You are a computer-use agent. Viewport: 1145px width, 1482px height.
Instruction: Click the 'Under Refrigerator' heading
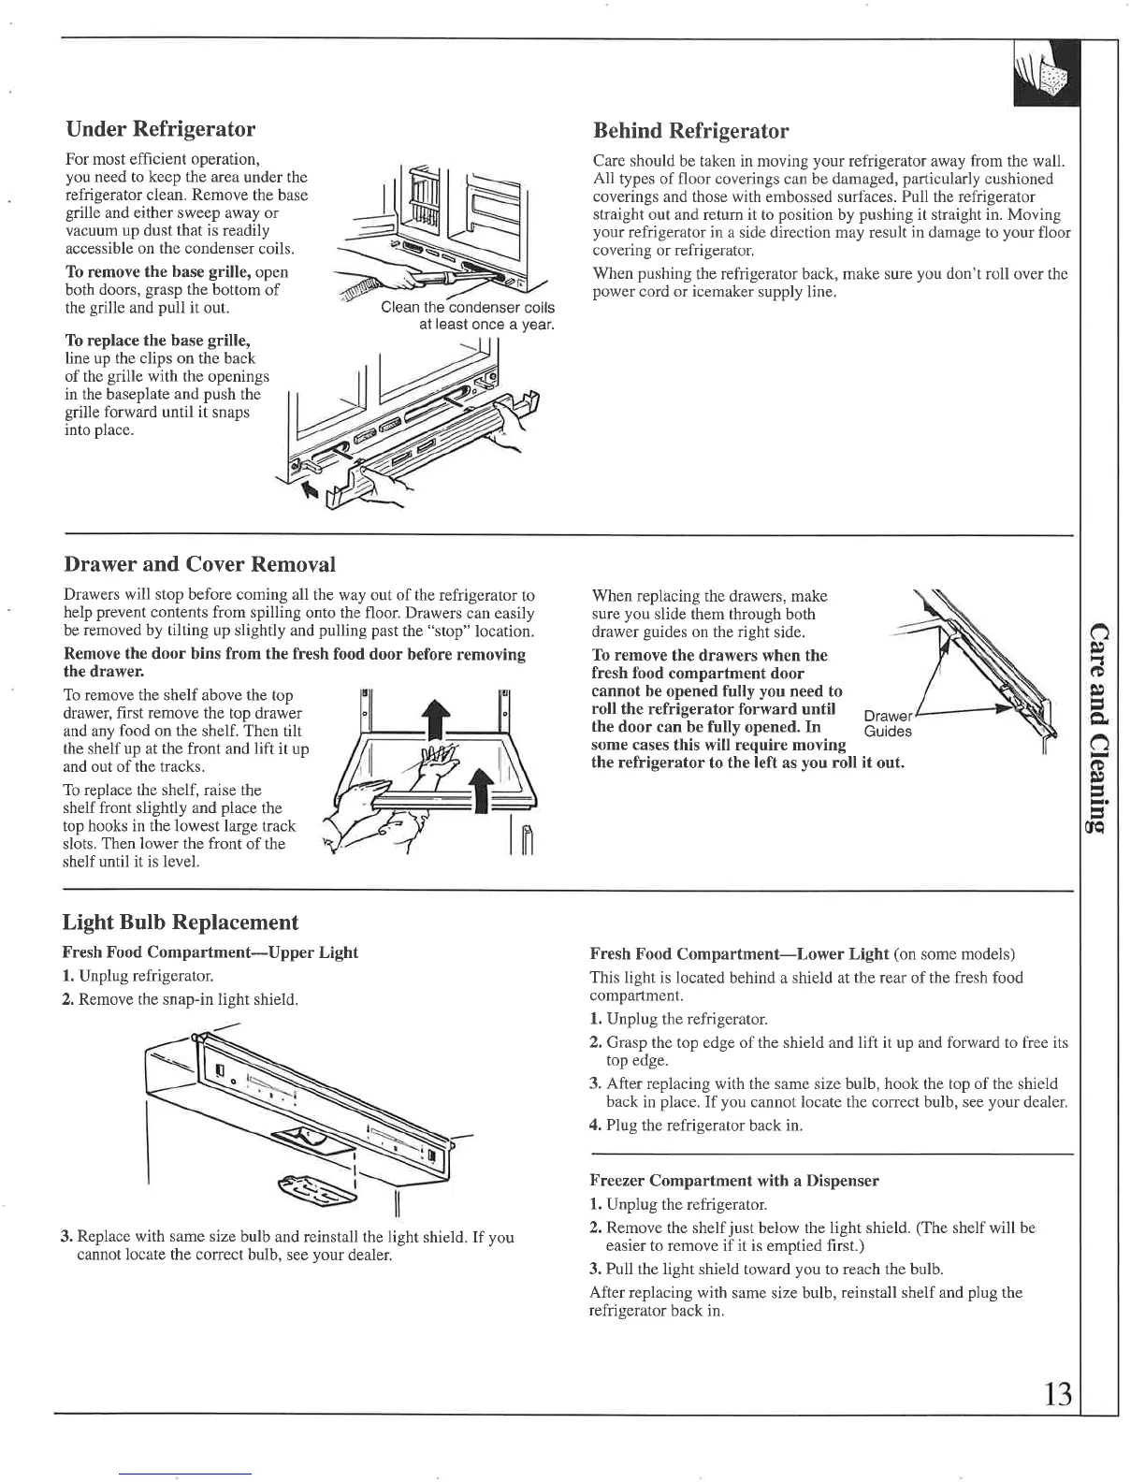pos(160,128)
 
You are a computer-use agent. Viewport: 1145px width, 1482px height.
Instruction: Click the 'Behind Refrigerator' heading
pos(690,131)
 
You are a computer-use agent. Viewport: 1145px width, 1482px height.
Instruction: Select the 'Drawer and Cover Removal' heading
pos(199,564)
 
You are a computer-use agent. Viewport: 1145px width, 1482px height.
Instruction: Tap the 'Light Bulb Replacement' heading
pos(180,923)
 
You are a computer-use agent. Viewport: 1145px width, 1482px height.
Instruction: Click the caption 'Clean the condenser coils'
pos(467,308)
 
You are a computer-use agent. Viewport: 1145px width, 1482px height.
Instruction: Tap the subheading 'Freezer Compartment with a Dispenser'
pos(734,1181)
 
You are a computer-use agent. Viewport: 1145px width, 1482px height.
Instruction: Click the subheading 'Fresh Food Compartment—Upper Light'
pos(210,952)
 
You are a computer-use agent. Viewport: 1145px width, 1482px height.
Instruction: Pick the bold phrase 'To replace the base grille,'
pos(157,340)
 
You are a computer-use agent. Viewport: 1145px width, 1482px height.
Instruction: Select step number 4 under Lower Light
pos(595,1126)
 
